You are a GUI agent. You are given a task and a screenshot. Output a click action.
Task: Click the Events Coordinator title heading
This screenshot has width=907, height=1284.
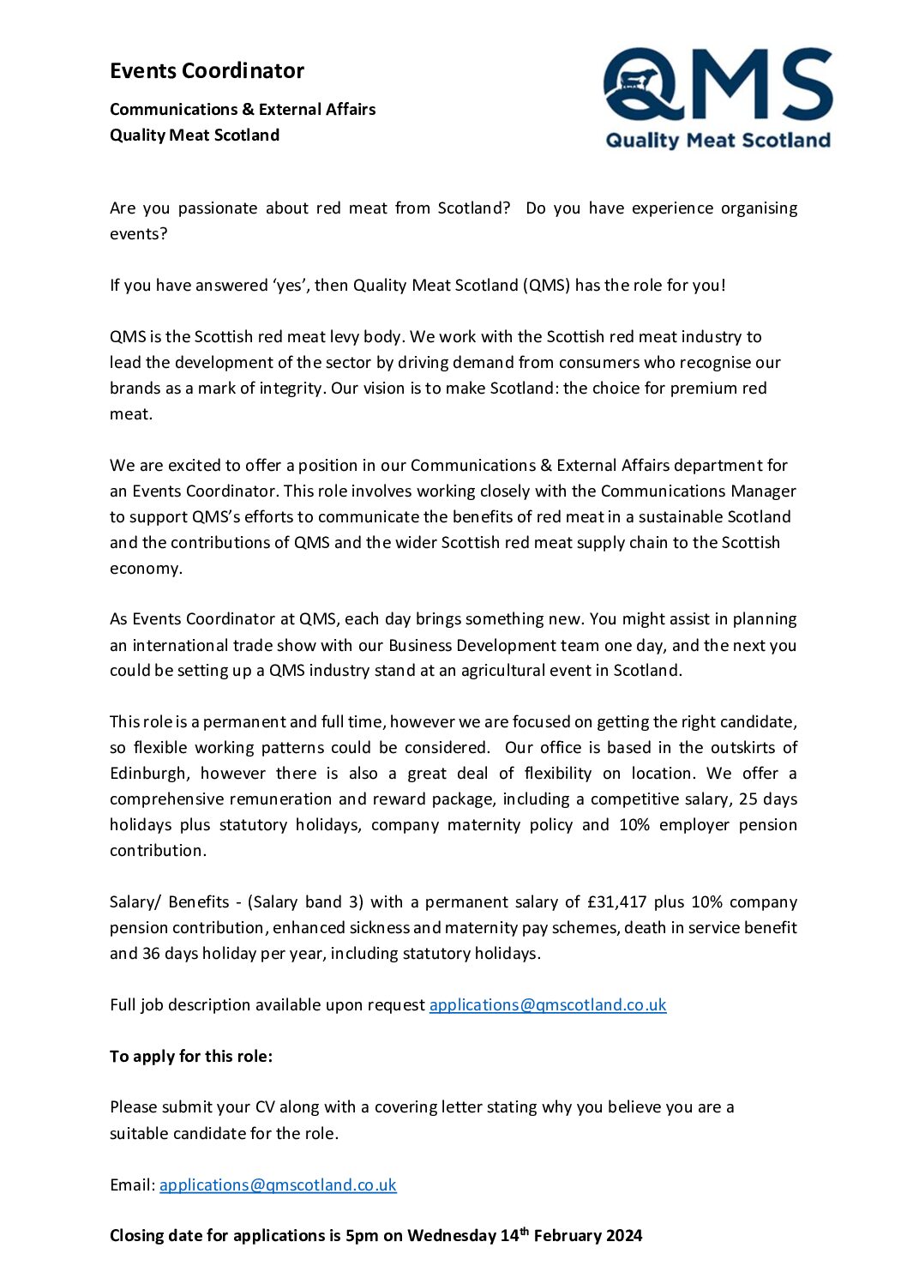[207, 70]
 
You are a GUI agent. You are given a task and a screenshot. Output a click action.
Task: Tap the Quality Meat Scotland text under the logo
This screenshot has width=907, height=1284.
[718, 141]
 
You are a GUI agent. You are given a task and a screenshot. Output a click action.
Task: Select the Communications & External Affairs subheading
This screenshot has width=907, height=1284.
[243, 109]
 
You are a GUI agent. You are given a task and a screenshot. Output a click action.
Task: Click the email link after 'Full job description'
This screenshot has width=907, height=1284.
[547, 1004]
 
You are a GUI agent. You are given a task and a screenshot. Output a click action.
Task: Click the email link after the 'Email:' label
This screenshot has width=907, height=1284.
[278, 1185]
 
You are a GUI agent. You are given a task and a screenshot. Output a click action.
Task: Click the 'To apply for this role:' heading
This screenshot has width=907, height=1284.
[191, 1056]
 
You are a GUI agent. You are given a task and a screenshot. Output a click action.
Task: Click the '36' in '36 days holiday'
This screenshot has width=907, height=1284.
[151, 953]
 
